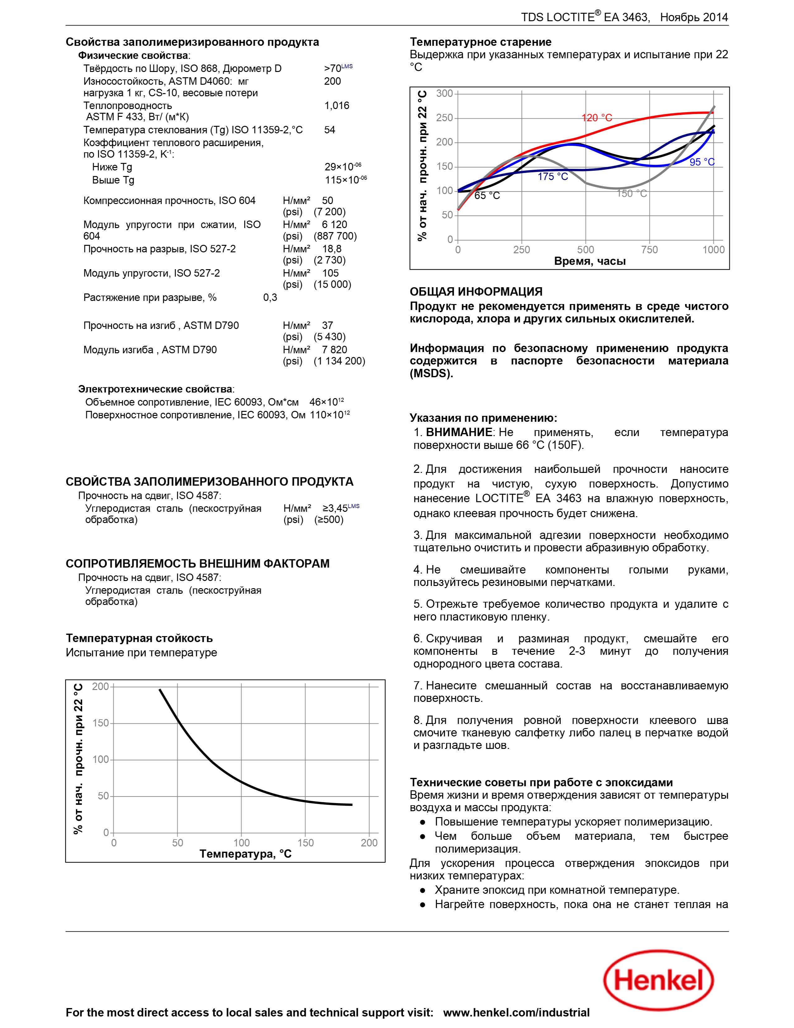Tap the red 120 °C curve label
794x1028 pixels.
coord(597,118)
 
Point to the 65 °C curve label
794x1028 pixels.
coord(487,195)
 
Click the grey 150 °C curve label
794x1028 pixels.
coord(632,193)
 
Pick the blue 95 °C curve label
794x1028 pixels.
coord(702,162)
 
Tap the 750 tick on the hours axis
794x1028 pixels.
coord(650,250)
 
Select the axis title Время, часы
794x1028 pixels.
coord(590,262)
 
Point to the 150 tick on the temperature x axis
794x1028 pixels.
coord(305,843)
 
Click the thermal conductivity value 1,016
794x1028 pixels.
coord(337,105)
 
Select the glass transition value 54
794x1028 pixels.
coord(330,130)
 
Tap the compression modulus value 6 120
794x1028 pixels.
coord(334,225)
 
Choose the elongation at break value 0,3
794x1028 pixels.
coord(270,297)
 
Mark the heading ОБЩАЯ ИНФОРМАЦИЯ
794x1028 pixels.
coord(476,292)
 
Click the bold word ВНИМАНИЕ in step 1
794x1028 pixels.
coord(459,432)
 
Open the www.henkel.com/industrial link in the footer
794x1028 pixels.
coord(516,1012)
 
